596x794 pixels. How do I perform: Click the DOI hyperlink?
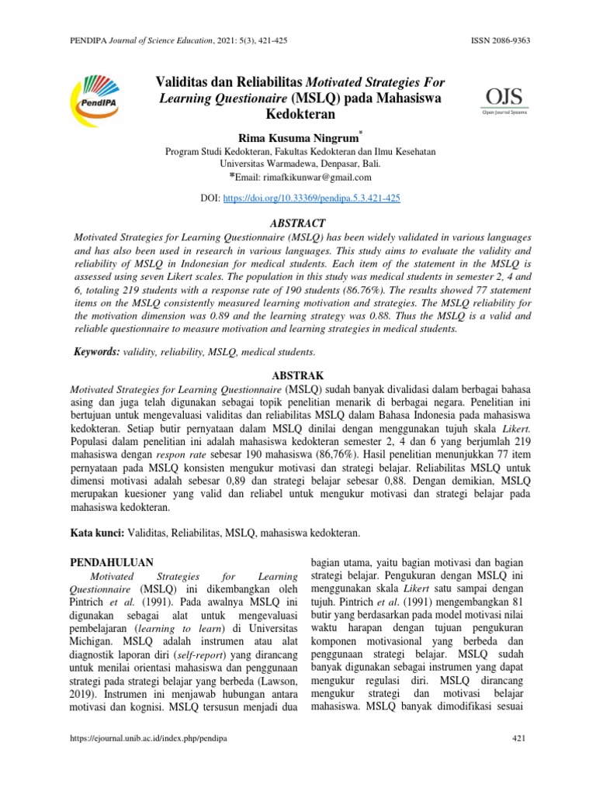311,198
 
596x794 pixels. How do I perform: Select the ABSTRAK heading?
298,375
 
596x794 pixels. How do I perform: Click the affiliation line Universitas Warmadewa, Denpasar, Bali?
297,164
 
